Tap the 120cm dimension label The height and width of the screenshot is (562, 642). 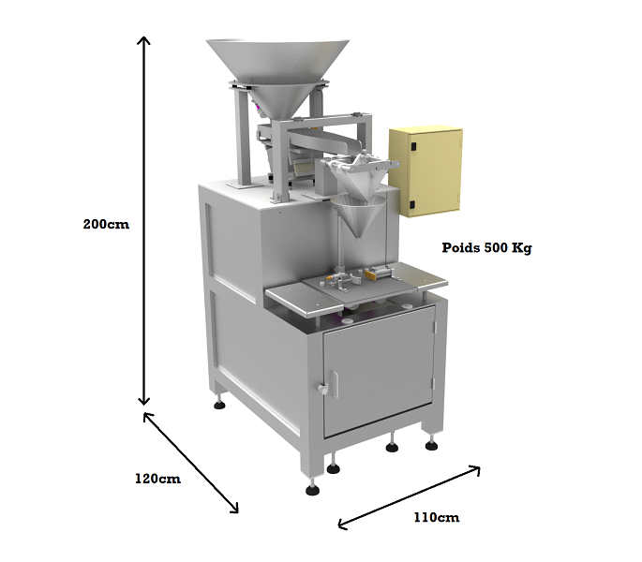pyautogui.click(x=157, y=479)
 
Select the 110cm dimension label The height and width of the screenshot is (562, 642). pyautogui.click(x=436, y=517)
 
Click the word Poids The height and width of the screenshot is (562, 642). pyautogui.click(x=461, y=249)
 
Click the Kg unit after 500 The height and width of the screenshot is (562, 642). pyautogui.click(x=523, y=249)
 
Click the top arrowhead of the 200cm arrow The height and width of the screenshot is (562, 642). pyautogui.click(x=144, y=40)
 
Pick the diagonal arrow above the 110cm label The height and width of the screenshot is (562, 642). pyautogui.click(x=410, y=493)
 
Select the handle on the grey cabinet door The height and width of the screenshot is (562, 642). pyautogui.click(x=322, y=385)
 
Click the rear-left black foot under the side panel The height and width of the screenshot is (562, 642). pyautogui.click(x=220, y=405)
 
